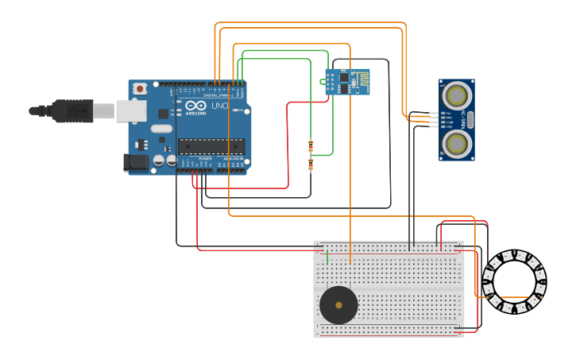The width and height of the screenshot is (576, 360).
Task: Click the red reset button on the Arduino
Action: click(x=140, y=89)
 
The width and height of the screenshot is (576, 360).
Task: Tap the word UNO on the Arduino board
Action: click(x=219, y=106)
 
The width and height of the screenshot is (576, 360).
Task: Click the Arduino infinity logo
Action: click(x=196, y=106)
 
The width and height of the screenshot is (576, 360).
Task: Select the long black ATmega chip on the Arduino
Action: click(x=211, y=146)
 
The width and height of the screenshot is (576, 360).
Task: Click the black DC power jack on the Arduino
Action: click(x=136, y=162)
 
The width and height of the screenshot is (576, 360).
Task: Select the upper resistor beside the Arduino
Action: click(x=311, y=145)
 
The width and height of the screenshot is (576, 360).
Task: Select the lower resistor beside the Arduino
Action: click(x=311, y=165)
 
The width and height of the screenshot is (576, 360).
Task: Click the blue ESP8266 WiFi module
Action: click(x=346, y=81)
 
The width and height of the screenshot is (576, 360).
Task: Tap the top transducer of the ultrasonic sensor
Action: click(x=457, y=96)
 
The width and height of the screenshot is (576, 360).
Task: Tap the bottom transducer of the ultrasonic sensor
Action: click(x=457, y=143)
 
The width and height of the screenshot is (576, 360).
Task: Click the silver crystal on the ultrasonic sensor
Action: click(x=470, y=120)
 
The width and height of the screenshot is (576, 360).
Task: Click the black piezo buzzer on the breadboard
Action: click(x=338, y=305)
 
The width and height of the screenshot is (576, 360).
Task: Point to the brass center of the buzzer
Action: click(x=339, y=305)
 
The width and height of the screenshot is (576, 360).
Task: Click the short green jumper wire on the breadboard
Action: click(x=327, y=257)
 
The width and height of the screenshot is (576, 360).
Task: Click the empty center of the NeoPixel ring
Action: click(x=514, y=281)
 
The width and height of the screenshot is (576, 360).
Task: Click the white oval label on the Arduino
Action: click(x=161, y=129)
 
